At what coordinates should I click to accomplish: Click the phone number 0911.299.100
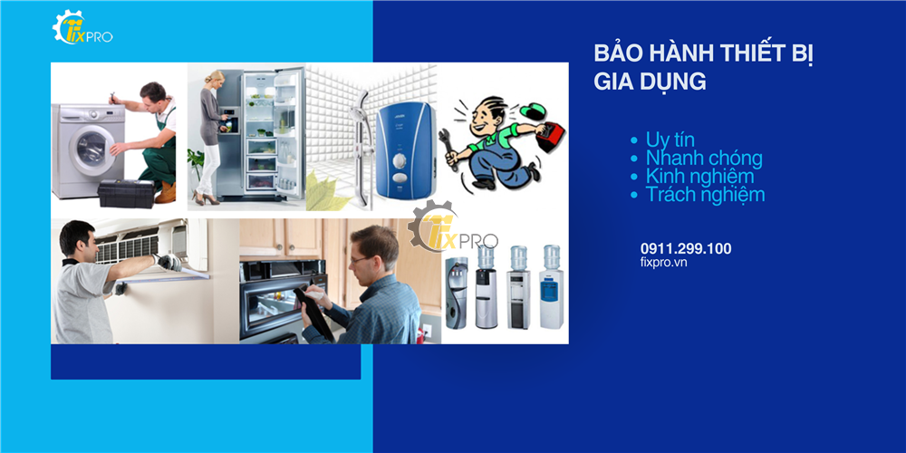click(685, 249)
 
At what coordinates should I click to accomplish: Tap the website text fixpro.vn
click(663, 263)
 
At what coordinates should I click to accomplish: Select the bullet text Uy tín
click(670, 140)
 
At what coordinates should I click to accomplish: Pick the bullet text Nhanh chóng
click(704, 159)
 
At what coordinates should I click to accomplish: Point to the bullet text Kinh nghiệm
click(699, 177)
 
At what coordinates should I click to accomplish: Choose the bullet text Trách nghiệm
click(705, 195)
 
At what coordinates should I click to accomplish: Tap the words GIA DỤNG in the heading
click(650, 82)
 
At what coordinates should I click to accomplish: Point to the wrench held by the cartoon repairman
click(448, 145)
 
